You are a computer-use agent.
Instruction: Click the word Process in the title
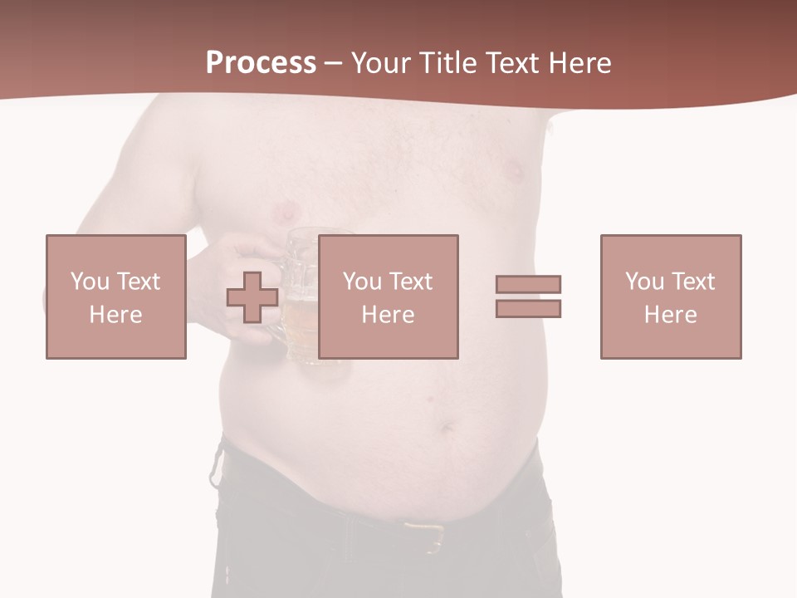[x=261, y=63]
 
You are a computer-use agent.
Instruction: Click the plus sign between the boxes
[x=252, y=297]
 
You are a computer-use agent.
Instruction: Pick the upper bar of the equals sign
[x=528, y=284]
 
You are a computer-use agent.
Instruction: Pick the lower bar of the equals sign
[x=528, y=308]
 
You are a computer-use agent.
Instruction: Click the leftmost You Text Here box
[x=116, y=297]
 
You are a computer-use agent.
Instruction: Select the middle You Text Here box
[x=389, y=297]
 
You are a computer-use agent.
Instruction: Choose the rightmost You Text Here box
[x=671, y=297]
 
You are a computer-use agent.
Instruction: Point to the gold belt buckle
[x=425, y=535]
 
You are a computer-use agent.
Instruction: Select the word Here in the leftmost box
[x=115, y=314]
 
